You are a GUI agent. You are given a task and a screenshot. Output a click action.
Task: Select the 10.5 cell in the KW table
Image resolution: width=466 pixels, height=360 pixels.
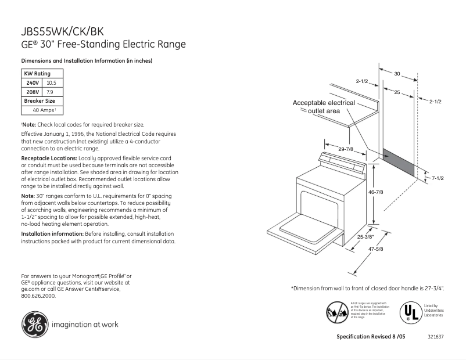point(51,83)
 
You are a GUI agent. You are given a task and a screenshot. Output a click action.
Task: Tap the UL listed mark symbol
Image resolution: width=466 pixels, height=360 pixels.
point(409,312)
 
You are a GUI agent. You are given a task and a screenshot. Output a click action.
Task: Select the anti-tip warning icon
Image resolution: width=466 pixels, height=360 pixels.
point(338,312)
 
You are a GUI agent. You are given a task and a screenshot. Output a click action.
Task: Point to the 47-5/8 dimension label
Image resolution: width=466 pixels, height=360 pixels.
point(376,249)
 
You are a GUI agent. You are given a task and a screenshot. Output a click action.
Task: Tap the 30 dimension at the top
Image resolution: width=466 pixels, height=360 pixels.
point(397,74)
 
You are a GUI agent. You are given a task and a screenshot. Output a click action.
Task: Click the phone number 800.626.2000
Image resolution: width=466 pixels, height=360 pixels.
point(38,296)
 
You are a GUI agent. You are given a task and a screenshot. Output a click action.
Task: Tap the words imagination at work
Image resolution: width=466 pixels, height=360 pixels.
point(85,325)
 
